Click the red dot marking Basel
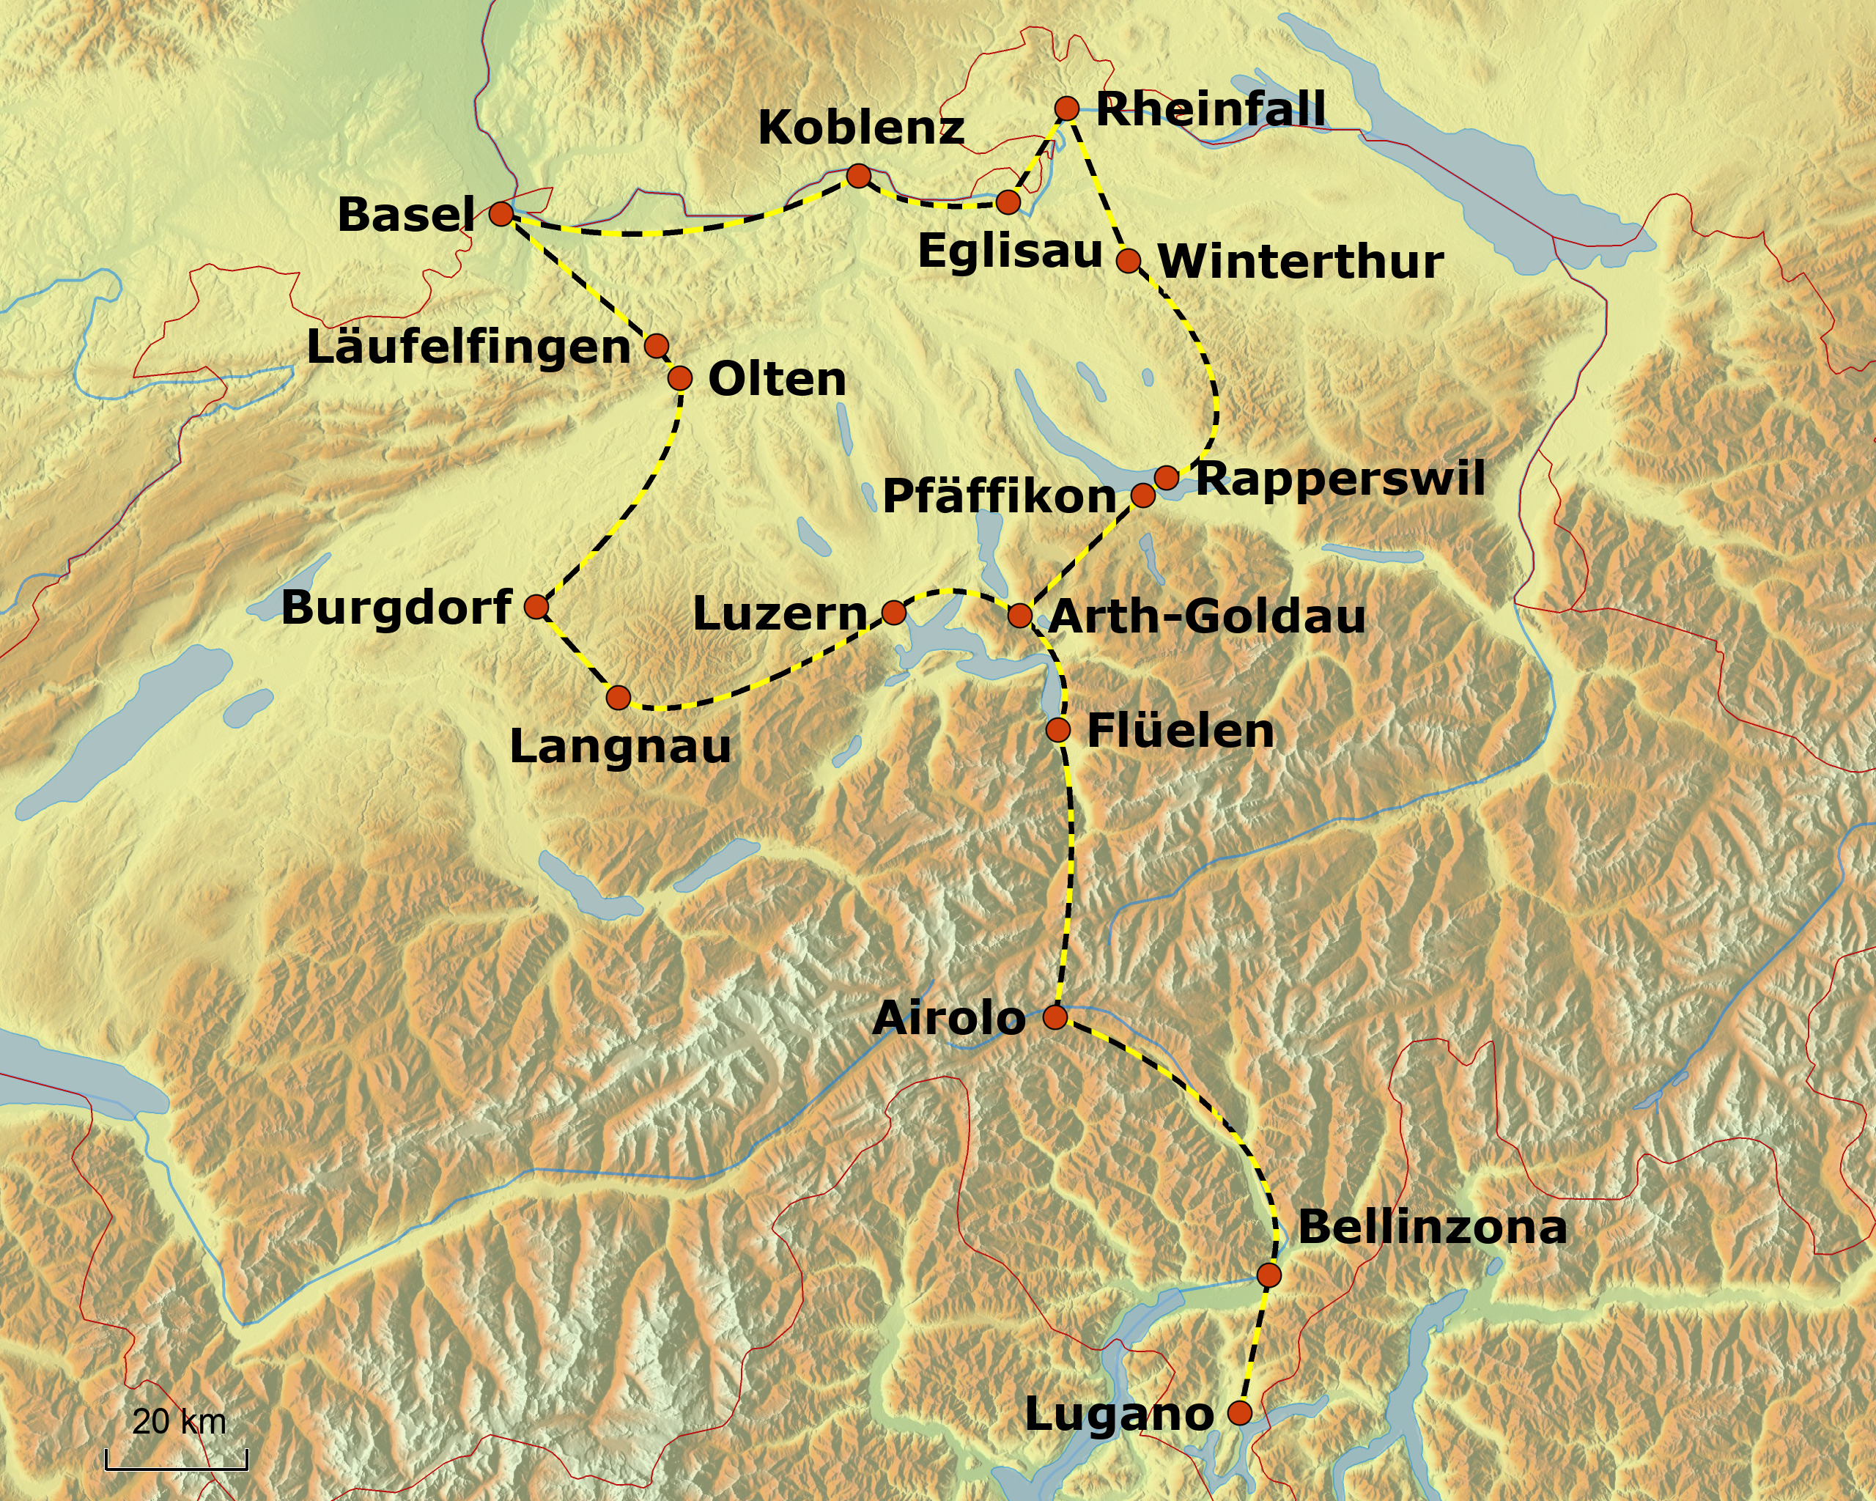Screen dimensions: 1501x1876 (x=501, y=213)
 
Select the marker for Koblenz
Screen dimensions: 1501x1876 (x=858, y=176)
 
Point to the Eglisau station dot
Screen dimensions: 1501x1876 (x=1008, y=202)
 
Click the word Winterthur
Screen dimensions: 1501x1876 (x=1301, y=261)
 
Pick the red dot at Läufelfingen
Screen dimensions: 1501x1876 (x=656, y=345)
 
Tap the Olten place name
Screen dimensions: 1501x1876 (x=777, y=380)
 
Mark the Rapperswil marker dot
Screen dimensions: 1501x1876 (x=1167, y=477)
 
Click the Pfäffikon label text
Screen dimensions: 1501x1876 (x=999, y=497)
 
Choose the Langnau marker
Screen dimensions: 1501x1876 (x=618, y=697)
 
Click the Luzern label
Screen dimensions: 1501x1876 (x=780, y=614)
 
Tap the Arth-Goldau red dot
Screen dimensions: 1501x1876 (x=1020, y=616)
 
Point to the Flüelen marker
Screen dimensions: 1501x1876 (x=1057, y=729)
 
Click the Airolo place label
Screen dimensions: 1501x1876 (x=948, y=1017)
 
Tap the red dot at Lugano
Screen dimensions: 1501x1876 (x=1239, y=1412)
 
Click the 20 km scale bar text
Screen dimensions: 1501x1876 (x=180, y=1422)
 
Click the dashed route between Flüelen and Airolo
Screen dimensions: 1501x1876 (x=1068, y=870)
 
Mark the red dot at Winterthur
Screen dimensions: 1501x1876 (x=1129, y=260)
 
